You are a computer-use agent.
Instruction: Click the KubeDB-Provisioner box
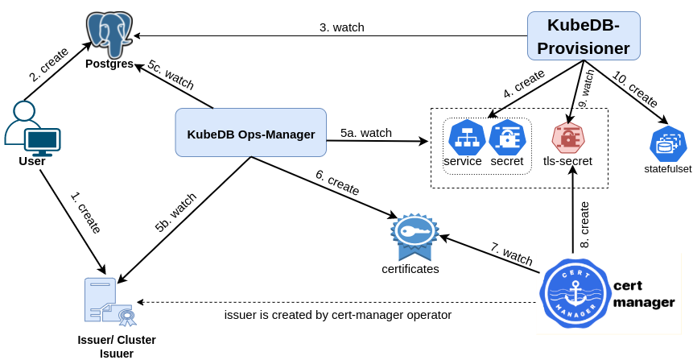tap(584, 36)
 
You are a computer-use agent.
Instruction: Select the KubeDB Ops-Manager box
tap(250, 133)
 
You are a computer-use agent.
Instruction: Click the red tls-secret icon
tap(568, 138)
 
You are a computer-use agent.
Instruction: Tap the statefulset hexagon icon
tap(668, 144)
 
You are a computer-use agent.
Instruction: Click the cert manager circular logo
tap(573, 294)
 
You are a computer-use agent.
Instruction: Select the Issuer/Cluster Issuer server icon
tap(109, 303)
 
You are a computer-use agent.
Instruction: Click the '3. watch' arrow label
tap(342, 27)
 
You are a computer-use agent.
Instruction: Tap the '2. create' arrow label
tap(49, 64)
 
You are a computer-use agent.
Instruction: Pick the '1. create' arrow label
tap(86, 213)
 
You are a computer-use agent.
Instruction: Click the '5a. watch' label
tap(366, 133)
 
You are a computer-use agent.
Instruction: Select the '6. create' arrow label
tap(337, 183)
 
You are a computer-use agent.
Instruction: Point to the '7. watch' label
tap(511, 254)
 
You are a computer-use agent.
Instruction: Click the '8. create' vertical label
tap(585, 225)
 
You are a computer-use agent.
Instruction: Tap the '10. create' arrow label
tap(636, 89)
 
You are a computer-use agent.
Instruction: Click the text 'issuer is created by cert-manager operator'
tap(337, 315)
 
